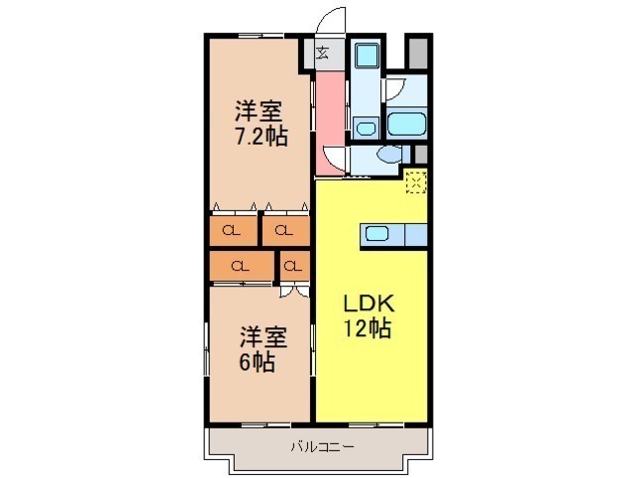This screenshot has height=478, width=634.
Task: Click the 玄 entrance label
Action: tap(322, 53)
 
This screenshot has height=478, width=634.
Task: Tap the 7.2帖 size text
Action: tap(262, 137)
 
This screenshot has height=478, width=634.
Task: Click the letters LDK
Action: tap(369, 303)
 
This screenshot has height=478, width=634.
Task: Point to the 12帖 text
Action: tap(368, 328)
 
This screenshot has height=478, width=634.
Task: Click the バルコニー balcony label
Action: tap(322, 447)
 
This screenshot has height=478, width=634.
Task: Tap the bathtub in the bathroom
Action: tap(406, 123)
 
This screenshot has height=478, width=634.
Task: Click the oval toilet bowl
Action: tap(389, 154)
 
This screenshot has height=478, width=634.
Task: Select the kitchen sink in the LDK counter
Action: tap(376, 233)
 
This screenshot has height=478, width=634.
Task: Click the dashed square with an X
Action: tap(416, 182)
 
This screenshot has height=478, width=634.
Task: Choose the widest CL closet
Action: tap(242, 266)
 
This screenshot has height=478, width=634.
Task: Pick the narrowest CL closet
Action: tap(294, 266)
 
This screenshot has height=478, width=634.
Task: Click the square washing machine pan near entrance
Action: tap(367, 56)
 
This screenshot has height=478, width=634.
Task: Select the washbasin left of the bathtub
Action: tap(367, 128)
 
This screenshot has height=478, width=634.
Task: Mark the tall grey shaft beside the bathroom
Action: tap(418, 54)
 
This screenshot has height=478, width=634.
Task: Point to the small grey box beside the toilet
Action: tap(421, 154)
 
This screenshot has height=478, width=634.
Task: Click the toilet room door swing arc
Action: tap(334, 159)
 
